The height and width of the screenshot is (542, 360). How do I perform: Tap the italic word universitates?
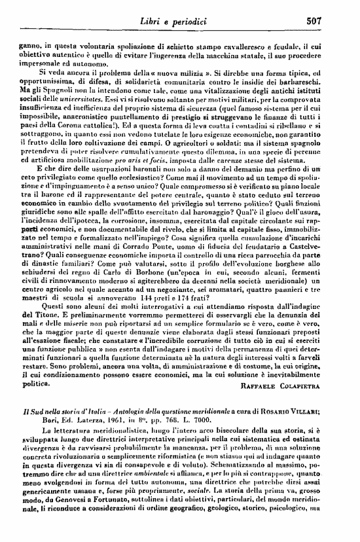click(60, 96)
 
